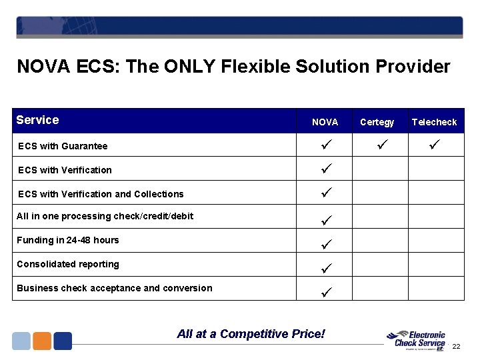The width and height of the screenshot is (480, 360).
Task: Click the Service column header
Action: (37, 120)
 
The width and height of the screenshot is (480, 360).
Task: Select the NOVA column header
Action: (325, 122)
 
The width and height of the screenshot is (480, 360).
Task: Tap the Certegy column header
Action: (377, 122)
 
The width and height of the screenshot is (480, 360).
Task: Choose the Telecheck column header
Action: (434, 122)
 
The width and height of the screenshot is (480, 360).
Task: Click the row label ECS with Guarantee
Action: (63, 146)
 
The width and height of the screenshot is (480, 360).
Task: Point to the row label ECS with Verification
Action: (65, 170)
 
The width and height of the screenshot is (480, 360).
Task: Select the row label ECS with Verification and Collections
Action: (101, 194)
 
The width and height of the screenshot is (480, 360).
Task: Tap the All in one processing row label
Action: (105, 216)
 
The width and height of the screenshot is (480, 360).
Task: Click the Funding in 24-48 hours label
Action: (68, 240)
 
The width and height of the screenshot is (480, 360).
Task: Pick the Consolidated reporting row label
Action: (68, 264)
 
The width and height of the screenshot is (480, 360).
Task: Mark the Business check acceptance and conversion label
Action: (115, 288)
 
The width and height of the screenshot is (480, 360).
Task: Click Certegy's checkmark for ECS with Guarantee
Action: (377, 145)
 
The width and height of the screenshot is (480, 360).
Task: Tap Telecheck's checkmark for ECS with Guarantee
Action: (434, 145)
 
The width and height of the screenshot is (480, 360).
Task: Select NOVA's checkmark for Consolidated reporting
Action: (325, 268)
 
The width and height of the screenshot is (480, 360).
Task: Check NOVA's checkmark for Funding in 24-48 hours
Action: (325, 244)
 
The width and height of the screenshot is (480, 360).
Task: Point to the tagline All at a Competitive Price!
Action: (251, 333)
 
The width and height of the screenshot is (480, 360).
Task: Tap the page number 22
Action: (457, 347)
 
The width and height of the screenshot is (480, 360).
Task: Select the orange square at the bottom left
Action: (42, 341)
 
